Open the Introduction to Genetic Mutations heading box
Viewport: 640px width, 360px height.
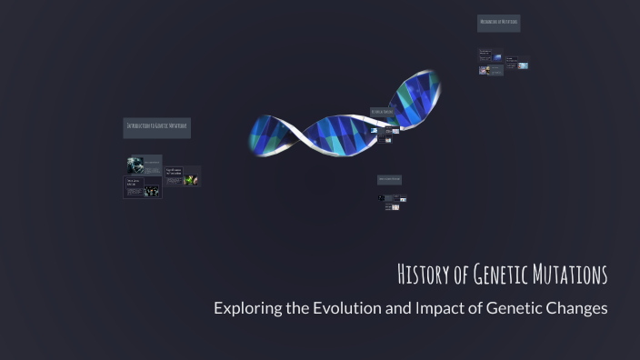coord(156,126)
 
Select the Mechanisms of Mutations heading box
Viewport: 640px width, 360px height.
coord(498,22)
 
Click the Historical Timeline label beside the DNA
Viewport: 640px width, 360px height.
coord(382,112)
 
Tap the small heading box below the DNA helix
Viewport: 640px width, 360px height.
coord(389,179)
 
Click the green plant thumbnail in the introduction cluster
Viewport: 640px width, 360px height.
coord(191,180)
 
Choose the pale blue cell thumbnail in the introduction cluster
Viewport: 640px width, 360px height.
coord(135,164)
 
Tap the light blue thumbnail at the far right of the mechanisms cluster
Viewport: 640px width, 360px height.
coord(523,65)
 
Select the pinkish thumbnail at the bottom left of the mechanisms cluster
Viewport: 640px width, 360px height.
coord(484,70)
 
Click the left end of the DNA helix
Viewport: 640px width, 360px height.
coord(255,136)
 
